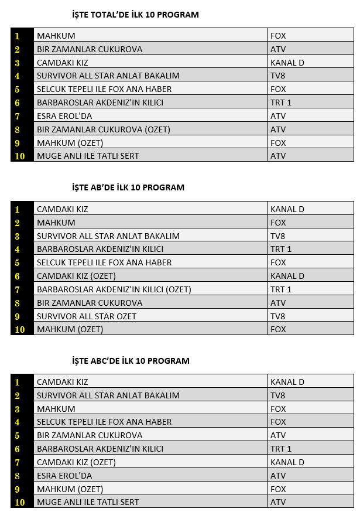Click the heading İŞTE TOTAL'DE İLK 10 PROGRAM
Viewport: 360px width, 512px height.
[x=135, y=15]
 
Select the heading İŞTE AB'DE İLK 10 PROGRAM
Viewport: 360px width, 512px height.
[x=128, y=187]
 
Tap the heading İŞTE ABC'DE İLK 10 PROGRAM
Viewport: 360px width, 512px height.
[x=131, y=361]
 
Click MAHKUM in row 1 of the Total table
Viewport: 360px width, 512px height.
[x=56, y=36]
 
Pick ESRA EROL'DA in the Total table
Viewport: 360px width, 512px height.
[x=64, y=116]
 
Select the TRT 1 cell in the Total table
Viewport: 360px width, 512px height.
[x=281, y=103]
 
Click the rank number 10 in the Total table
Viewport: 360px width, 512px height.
[x=20, y=156]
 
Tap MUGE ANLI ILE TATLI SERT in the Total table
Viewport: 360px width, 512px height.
[x=88, y=156]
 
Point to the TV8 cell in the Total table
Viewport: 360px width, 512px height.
[x=278, y=76]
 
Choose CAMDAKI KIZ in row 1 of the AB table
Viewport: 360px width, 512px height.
[x=63, y=209]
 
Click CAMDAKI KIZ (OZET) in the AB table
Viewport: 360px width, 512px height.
[x=76, y=276]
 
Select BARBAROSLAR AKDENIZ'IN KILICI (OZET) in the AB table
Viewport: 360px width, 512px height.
[x=114, y=289]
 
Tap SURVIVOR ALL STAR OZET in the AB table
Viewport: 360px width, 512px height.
[x=87, y=316]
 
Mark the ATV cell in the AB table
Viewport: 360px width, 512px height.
[x=278, y=303]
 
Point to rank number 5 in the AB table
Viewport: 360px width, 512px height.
[x=18, y=262]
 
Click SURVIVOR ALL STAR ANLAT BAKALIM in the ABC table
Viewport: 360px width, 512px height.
[x=108, y=395]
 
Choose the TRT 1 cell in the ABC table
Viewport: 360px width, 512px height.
[x=281, y=449]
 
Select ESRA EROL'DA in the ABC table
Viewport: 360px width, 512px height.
[x=64, y=476]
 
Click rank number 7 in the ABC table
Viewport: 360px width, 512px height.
[x=18, y=462]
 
